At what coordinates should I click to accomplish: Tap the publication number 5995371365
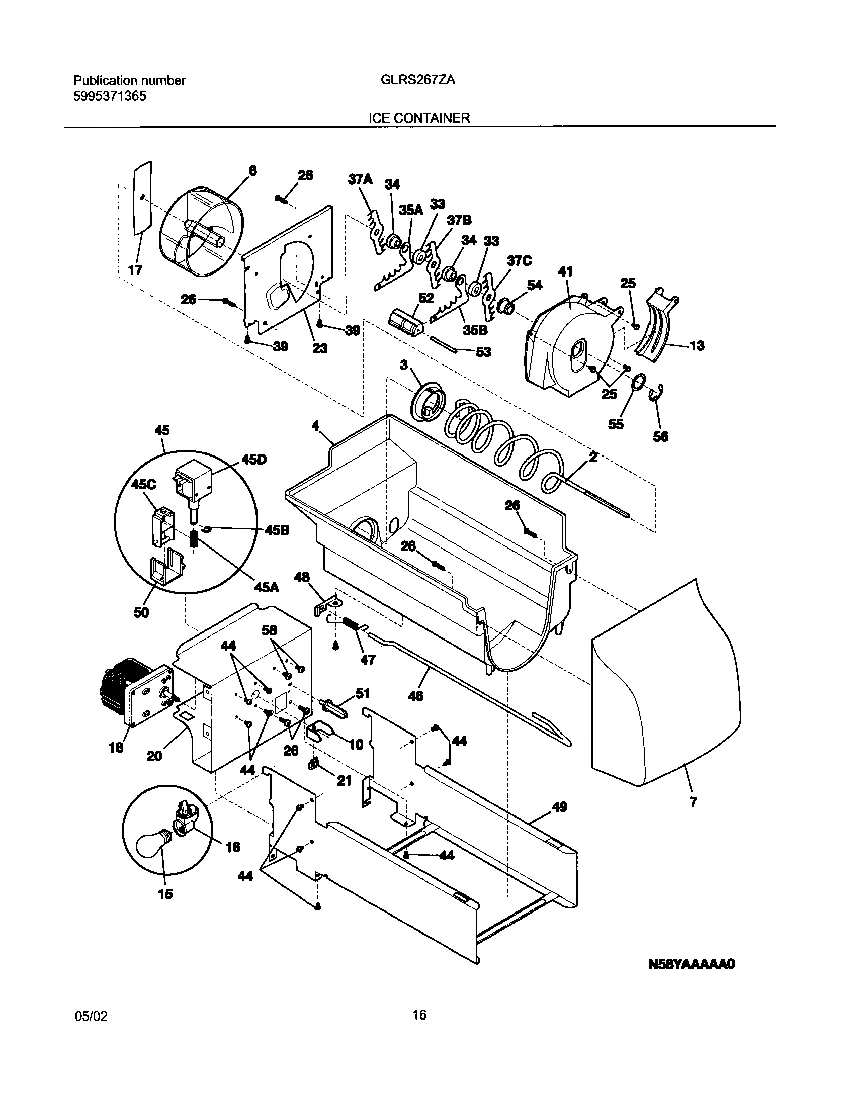tap(110, 96)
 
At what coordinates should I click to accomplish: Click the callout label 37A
tap(360, 179)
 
